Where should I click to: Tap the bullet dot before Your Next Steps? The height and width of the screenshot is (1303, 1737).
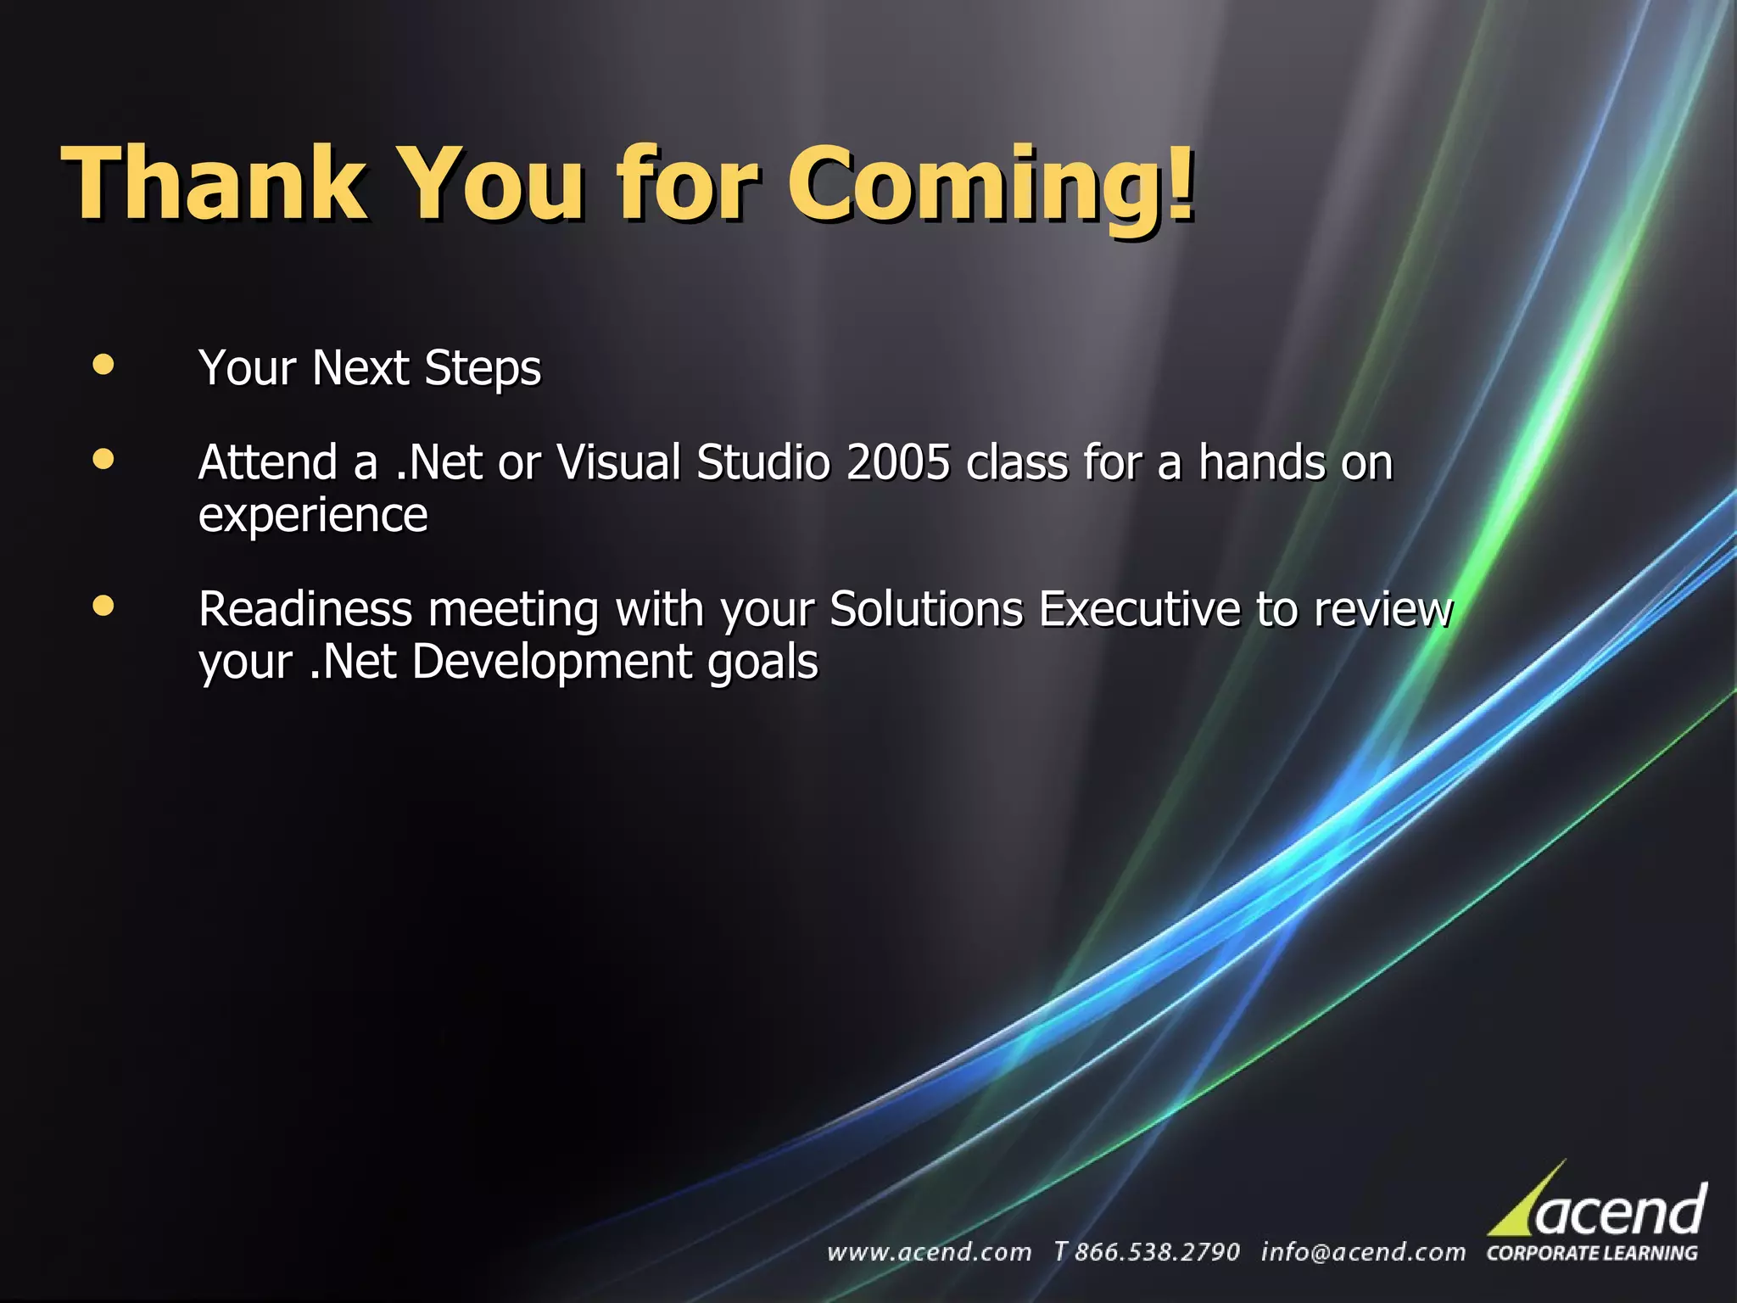click(103, 365)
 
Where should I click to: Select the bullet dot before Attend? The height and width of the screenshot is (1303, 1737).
click(103, 460)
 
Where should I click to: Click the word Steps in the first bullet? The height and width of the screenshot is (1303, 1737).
click(483, 369)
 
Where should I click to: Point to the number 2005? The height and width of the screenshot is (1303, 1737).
click(898, 463)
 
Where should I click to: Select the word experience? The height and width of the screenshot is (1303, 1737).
click(313, 516)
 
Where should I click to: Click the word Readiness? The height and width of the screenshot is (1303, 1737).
click(305, 609)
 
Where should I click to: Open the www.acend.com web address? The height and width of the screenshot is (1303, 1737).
click(929, 1252)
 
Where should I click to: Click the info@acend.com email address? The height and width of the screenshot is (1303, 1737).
click(1363, 1252)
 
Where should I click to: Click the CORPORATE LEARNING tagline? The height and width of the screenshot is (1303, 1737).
click(1592, 1253)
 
